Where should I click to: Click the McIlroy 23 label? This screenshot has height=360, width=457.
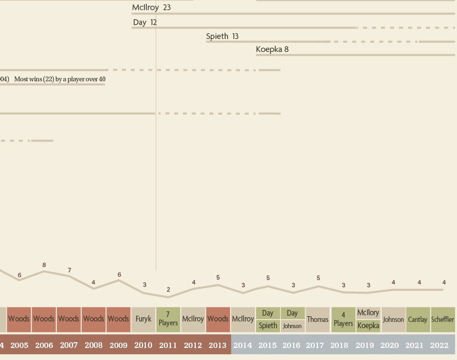coord(152,8)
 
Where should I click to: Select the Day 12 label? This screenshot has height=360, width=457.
coord(145,23)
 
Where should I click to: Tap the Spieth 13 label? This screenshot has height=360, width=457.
coord(222,37)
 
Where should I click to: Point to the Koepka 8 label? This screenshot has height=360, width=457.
coord(272,50)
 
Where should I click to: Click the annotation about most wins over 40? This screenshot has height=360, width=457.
coord(60,79)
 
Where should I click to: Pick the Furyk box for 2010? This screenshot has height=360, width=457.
coord(143,319)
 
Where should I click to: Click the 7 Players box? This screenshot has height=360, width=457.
coord(168,319)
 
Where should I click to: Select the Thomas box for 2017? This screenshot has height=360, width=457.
coord(317,319)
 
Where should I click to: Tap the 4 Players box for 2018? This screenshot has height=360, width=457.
coord(343,319)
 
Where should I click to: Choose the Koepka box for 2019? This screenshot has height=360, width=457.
coord(368,326)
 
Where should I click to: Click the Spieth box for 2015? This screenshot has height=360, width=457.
coord(267,326)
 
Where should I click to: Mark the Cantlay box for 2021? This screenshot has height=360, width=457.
coord(418,319)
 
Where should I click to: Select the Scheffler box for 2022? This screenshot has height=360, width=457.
coord(443,319)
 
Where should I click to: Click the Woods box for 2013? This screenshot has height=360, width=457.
coord(218,319)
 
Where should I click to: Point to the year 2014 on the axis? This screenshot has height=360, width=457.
coord(242,346)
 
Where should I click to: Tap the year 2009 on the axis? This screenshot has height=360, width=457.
coord(118,346)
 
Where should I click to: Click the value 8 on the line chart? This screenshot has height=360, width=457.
coord(44,265)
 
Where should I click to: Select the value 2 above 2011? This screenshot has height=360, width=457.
coord(168,290)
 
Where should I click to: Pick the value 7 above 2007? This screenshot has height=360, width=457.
coord(69,270)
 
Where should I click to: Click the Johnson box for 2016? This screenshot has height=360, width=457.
coord(292,326)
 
